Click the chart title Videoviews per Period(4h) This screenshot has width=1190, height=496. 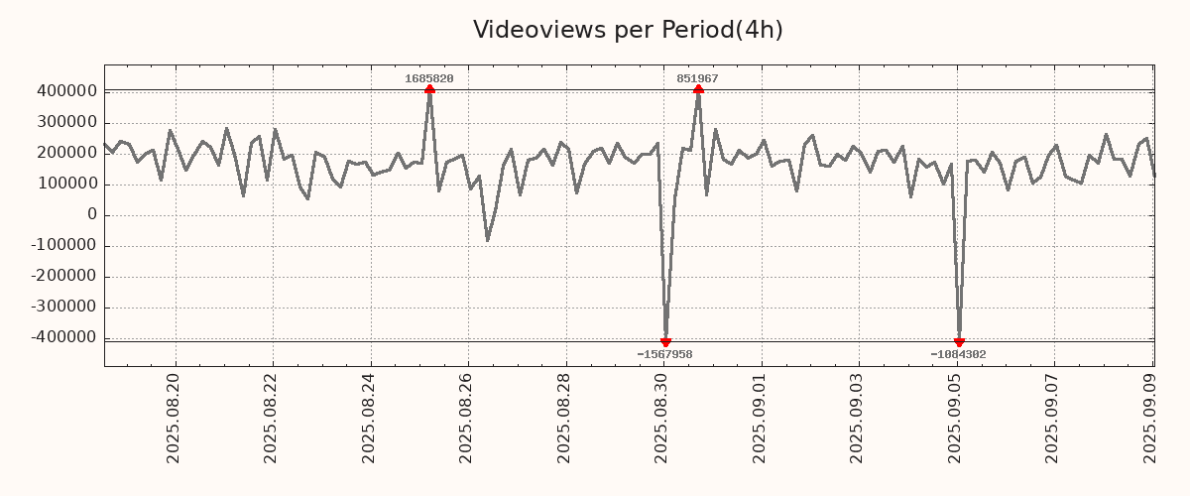[628, 30]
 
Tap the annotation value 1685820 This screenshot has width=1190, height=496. [429, 78]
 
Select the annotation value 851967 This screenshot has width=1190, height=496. [698, 78]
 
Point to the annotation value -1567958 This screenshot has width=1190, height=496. [664, 354]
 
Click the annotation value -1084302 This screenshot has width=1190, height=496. [958, 354]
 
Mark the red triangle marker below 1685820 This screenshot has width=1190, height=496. [429, 89]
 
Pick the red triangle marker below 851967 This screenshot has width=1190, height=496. [698, 89]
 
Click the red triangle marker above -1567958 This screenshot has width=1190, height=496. [665, 342]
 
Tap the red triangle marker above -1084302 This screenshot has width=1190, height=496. [959, 342]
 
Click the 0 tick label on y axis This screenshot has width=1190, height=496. [91, 215]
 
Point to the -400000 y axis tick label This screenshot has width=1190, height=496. [63, 338]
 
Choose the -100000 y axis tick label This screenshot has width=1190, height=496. [63, 246]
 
